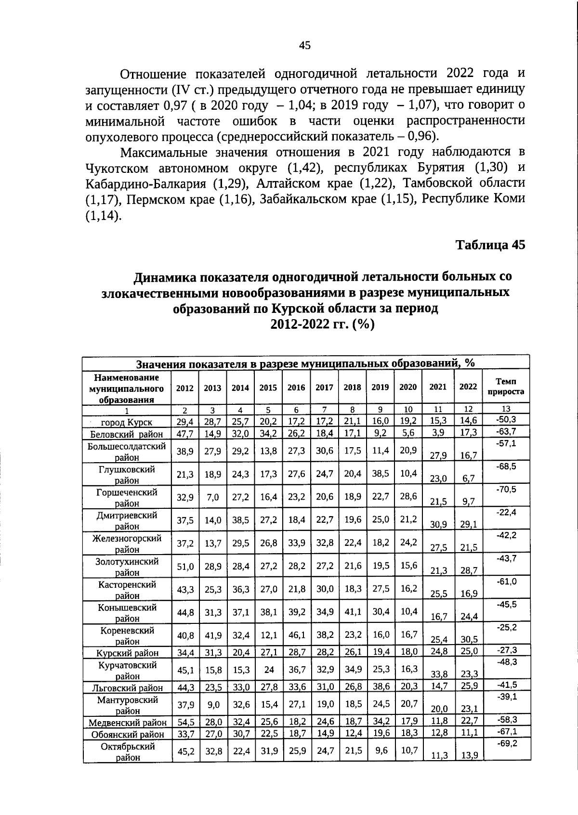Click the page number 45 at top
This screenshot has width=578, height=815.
304,46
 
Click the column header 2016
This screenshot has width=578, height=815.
296,388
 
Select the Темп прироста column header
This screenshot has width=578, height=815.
506,387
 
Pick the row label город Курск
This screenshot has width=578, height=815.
127,423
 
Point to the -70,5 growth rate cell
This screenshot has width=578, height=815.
506,489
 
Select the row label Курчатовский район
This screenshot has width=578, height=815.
127,671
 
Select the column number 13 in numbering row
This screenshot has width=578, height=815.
506,409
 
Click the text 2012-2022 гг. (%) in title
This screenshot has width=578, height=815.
322,324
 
